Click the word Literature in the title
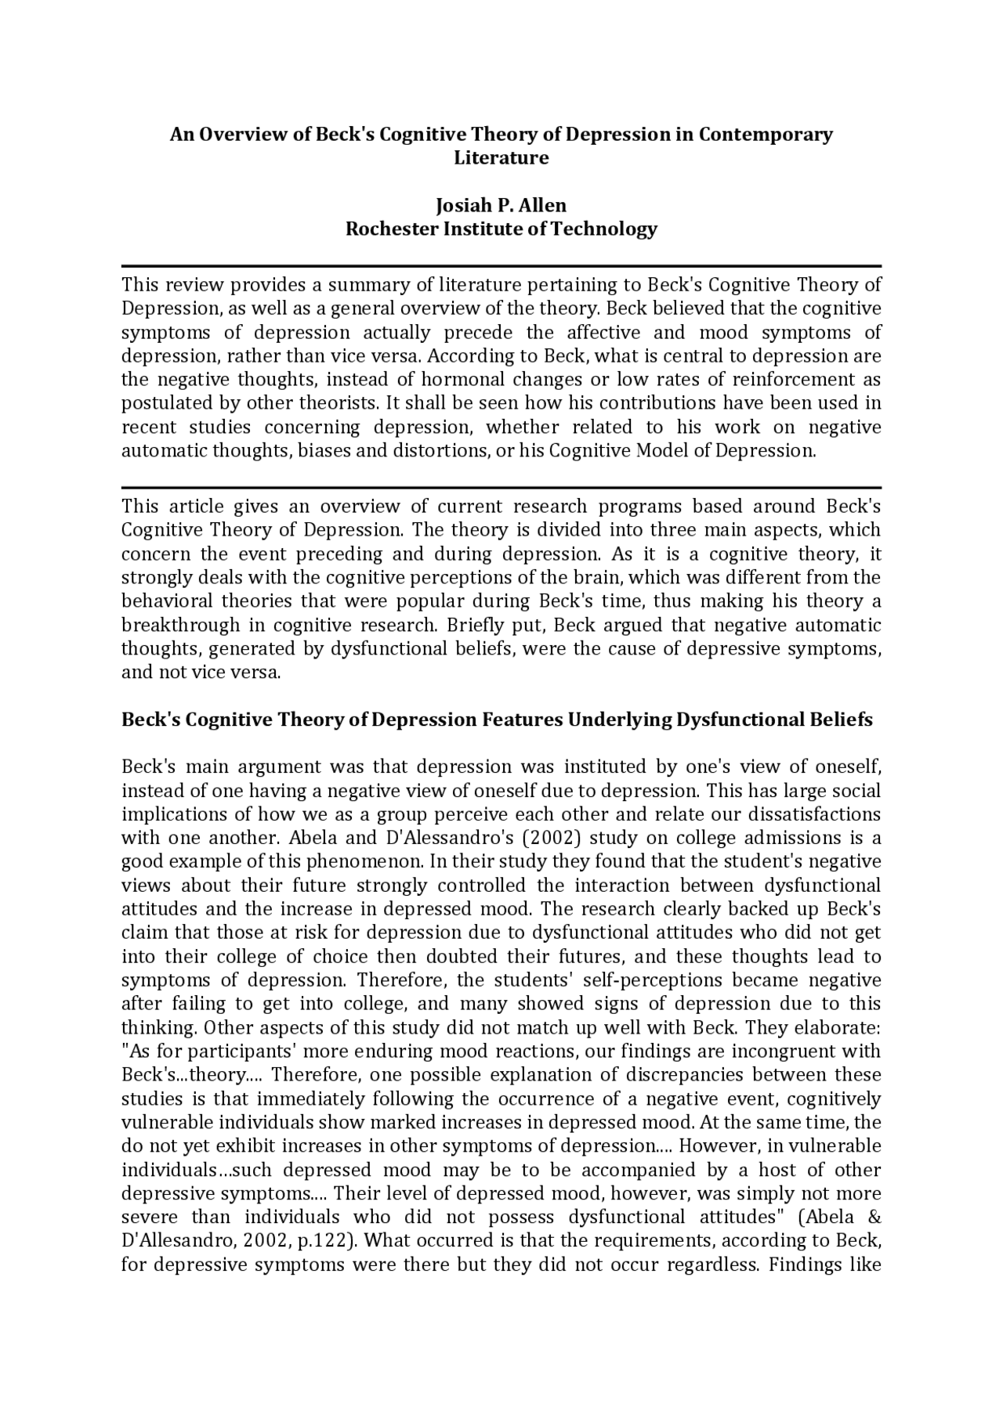tap(501, 157)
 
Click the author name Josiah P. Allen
tap(501, 205)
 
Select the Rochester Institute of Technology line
tap(501, 229)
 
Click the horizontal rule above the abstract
tap(501, 266)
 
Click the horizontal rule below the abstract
tap(501, 487)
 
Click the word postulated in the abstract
tap(157, 403)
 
